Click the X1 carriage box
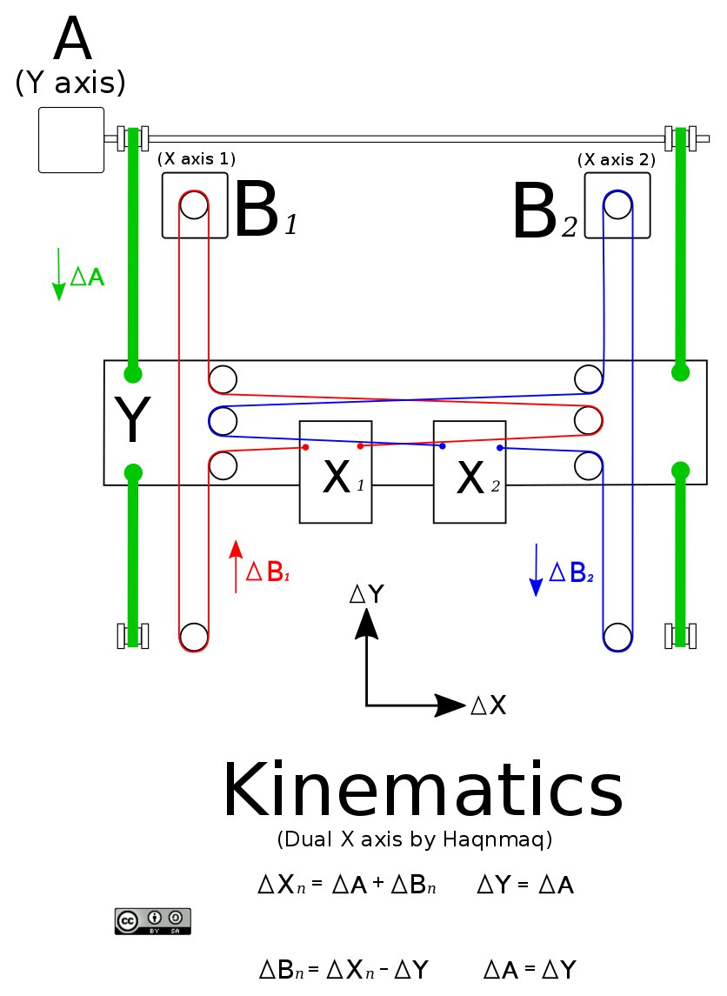click(x=336, y=472)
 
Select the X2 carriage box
click(x=470, y=472)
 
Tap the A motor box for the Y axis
click(x=71, y=140)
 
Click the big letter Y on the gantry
click(x=132, y=418)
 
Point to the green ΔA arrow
click(x=58, y=274)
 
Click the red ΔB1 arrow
click(x=237, y=566)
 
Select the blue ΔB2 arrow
click(x=536, y=571)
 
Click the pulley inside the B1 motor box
click(x=194, y=205)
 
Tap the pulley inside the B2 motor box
click(x=617, y=205)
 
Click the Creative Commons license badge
click(x=153, y=921)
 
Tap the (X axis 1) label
click(x=197, y=158)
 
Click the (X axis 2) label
click(x=617, y=159)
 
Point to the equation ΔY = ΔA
click(x=525, y=885)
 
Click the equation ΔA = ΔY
click(x=530, y=970)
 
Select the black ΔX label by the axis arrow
click(x=488, y=705)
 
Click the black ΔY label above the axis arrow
click(x=367, y=594)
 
